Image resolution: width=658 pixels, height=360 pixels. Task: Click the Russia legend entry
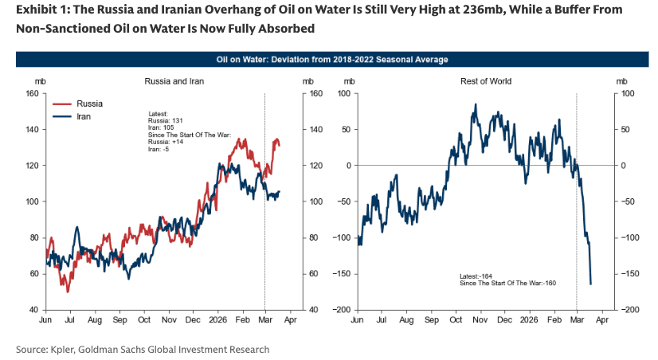click(x=88, y=104)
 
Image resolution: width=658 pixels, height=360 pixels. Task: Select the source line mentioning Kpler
click(x=143, y=349)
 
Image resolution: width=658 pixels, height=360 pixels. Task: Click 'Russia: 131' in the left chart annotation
click(x=165, y=120)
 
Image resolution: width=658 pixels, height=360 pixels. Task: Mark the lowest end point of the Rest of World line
click(x=590, y=284)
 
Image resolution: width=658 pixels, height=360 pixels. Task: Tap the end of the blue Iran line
click(x=279, y=191)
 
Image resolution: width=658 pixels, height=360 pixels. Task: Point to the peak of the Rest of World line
click(x=475, y=104)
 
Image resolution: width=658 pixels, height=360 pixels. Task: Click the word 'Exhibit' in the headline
click(x=37, y=10)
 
